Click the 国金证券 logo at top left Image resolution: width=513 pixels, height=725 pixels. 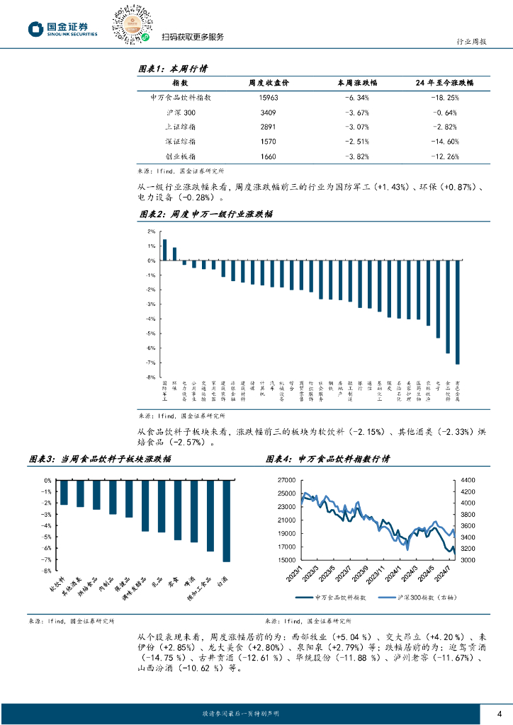click(x=62, y=28)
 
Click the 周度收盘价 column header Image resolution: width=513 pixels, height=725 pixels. click(x=264, y=84)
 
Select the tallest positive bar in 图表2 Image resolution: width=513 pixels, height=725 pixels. click(x=164, y=249)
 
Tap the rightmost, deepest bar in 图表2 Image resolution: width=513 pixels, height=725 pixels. click(x=457, y=312)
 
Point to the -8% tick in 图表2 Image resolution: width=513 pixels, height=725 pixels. click(x=150, y=377)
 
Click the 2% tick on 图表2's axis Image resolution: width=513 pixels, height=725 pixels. click(x=151, y=232)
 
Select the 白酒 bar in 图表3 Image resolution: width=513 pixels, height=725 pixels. click(x=226, y=521)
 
